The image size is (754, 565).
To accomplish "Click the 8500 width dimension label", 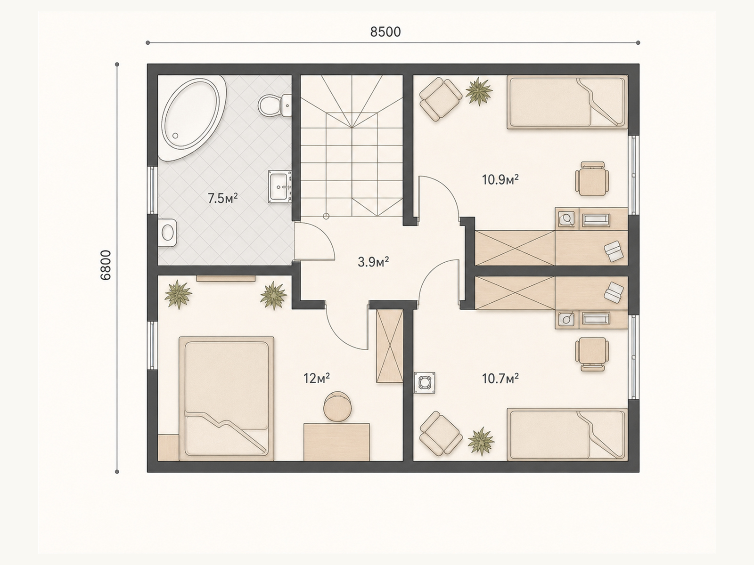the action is pos(385,32).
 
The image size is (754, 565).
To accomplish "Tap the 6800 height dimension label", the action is pos(106,265).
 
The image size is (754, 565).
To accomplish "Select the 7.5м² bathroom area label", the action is pos(222,198).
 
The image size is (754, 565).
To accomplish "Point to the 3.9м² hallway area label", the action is pos(373,262).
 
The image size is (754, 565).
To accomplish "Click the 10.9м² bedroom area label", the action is pos(500,179).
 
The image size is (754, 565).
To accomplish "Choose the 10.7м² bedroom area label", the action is pos(500,379).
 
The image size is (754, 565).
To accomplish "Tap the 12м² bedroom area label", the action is pos(316,379).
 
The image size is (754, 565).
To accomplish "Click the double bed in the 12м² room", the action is pos(226,399).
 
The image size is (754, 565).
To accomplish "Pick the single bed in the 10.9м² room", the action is pos(567,102).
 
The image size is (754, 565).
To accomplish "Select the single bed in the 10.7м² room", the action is pos(567,434).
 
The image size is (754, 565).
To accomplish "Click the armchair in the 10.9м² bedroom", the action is pos(441,99).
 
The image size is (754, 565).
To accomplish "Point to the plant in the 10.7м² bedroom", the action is pos(481,441).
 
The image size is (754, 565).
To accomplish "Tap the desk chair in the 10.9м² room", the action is pos(592,179).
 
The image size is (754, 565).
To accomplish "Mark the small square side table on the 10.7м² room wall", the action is pos(425,382).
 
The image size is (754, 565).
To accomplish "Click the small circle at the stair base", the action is pos(326,216).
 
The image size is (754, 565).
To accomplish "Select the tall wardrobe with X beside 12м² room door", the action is pos(390,346).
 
